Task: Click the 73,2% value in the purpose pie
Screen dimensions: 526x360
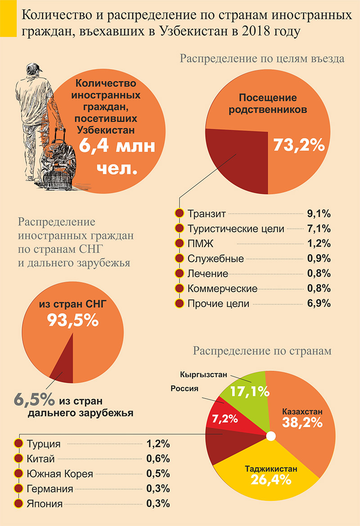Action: tap(299, 145)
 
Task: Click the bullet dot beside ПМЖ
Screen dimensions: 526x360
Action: tap(179, 244)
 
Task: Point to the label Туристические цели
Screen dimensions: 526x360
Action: tap(236, 229)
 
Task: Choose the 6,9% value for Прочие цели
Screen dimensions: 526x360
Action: tap(319, 304)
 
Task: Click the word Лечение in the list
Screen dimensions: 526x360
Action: tap(208, 274)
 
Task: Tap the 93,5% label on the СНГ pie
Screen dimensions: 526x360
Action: tap(72, 320)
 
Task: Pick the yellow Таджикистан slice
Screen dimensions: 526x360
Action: tap(270, 477)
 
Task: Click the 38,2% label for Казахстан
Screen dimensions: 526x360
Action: tap(302, 422)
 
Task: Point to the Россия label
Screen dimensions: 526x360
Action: tap(184, 389)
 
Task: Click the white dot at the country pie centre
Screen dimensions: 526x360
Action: tap(270, 436)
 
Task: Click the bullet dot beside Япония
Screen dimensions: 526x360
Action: tap(19, 504)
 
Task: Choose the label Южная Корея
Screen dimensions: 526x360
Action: tap(59, 474)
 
